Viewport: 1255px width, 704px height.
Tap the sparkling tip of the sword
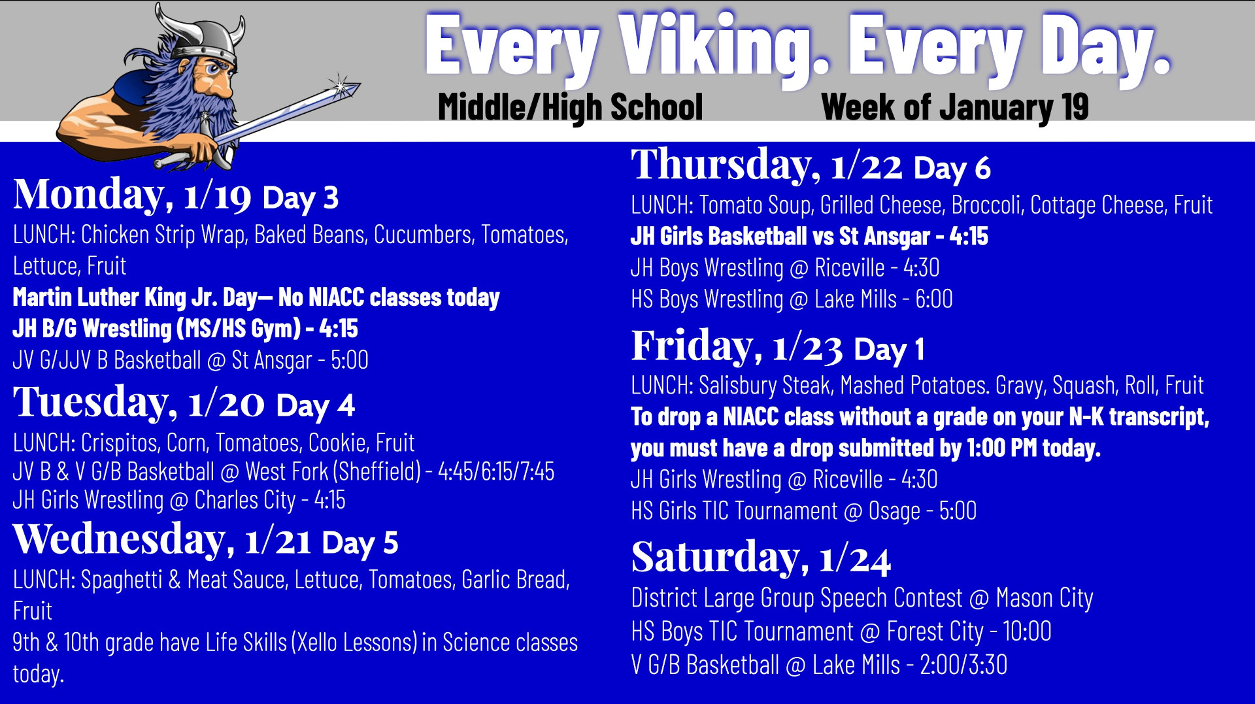[341, 86]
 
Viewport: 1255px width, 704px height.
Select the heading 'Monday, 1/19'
[132, 195]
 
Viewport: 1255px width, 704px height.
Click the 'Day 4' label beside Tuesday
[316, 406]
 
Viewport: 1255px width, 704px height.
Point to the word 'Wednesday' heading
[120, 539]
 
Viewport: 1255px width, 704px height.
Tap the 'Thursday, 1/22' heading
[767, 165]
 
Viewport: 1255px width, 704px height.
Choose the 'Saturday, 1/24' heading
[761, 558]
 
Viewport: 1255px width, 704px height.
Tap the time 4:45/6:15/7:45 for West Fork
[496, 471]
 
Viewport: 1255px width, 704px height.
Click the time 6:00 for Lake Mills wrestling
[933, 299]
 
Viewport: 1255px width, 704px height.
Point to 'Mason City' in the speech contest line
[1045, 599]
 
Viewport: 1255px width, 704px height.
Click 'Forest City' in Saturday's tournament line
[935, 632]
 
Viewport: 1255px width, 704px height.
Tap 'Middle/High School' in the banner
[570, 107]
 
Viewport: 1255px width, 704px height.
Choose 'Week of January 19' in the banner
[954, 107]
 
